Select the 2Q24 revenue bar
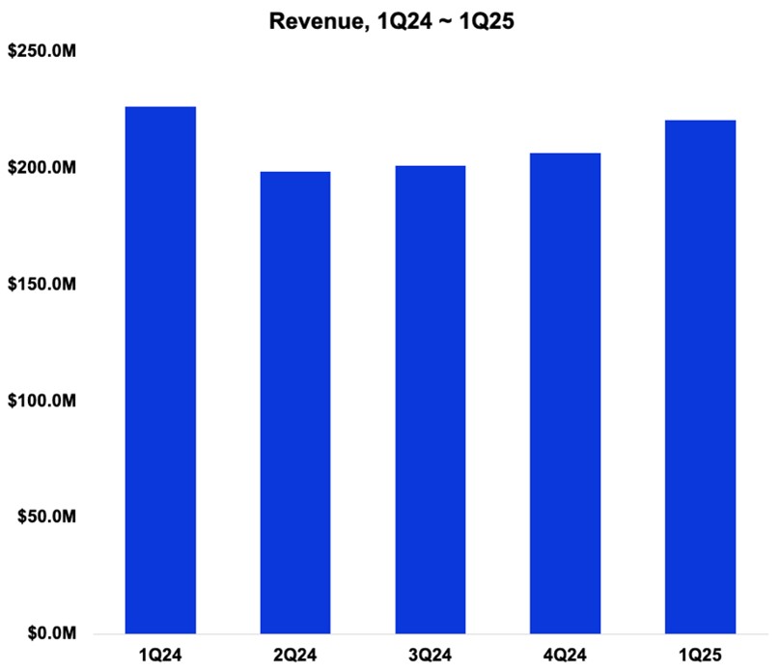(295, 403)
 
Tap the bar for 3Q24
(431, 400)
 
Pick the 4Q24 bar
(566, 393)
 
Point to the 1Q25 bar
(701, 377)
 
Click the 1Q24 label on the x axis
(160, 654)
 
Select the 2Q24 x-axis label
(295, 654)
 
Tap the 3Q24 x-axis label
(431, 654)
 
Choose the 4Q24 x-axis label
(566, 654)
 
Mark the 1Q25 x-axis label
(701, 654)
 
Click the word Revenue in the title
(316, 19)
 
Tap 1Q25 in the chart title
(472, 19)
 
